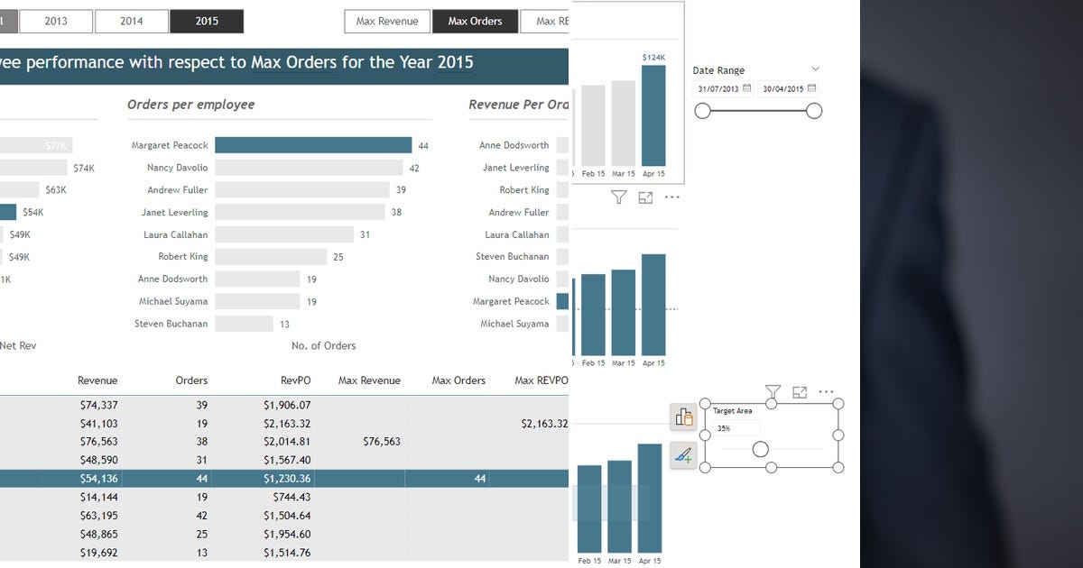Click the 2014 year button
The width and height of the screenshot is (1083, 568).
pyautogui.click(x=132, y=21)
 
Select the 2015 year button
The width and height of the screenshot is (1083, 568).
pyautogui.click(x=207, y=21)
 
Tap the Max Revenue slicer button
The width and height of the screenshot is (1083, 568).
pyautogui.click(x=386, y=21)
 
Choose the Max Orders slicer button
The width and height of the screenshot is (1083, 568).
pyautogui.click(x=475, y=21)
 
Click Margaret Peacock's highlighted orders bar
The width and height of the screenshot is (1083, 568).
pyautogui.click(x=313, y=145)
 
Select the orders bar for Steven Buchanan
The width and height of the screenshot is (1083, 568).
pyautogui.click(x=244, y=324)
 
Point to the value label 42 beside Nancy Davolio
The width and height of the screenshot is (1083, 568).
pyautogui.click(x=414, y=168)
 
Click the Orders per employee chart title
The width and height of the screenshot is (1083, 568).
pyautogui.click(x=190, y=105)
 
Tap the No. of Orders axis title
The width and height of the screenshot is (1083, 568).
pyautogui.click(x=323, y=345)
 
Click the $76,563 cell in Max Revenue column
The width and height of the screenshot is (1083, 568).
pyautogui.click(x=381, y=442)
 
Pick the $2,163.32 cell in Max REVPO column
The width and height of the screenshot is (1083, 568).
pyautogui.click(x=544, y=424)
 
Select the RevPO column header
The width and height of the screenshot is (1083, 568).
pyautogui.click(x=295, y=380)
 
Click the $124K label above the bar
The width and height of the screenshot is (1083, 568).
pyautogui.click(x=653, y=58)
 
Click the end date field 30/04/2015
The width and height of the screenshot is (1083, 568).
pyautogui.click(x=783, y=89)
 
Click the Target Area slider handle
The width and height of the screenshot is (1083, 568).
pyautogui.click(x=761, y=449)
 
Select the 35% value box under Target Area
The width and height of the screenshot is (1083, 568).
pyautogui.click(x=736, y=428)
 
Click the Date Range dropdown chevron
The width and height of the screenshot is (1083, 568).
pyautogui.click(x=816, y=69)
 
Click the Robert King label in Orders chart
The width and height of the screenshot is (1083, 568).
pyautogui.click(x=182, y=257)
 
